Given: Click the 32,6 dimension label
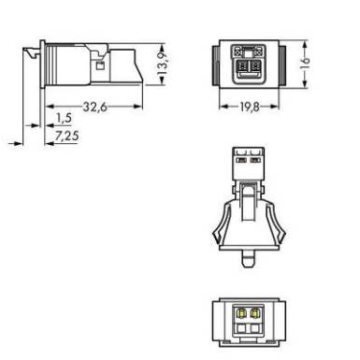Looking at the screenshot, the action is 95,107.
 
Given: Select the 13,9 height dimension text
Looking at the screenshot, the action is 163,65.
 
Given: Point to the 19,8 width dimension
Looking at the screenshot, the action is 250,107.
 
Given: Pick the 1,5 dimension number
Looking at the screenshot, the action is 64,118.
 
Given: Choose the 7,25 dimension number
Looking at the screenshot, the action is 66,137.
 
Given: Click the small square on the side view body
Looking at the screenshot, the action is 100,65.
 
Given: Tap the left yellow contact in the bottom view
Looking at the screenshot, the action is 240,312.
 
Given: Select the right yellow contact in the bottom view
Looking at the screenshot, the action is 255,312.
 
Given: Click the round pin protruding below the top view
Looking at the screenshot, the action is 249,259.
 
